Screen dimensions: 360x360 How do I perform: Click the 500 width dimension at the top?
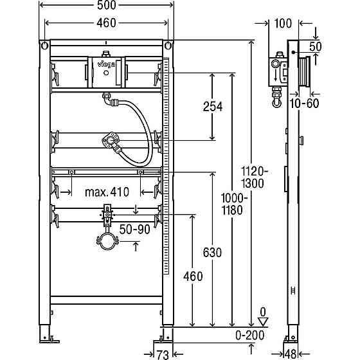[107, 5]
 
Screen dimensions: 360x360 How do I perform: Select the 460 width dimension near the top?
[106, 23]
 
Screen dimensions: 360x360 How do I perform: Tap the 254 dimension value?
[213, 107]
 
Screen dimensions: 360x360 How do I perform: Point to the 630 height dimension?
[212, 253]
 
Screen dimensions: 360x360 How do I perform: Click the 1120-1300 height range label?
[254, 177]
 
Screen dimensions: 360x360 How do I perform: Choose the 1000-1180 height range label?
[234, 204]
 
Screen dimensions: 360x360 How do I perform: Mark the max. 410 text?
[107, 192]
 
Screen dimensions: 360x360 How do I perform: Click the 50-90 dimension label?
[135, 230]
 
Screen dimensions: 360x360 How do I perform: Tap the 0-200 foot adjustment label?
[250, 336]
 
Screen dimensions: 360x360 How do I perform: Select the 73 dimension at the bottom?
[163, 355]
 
